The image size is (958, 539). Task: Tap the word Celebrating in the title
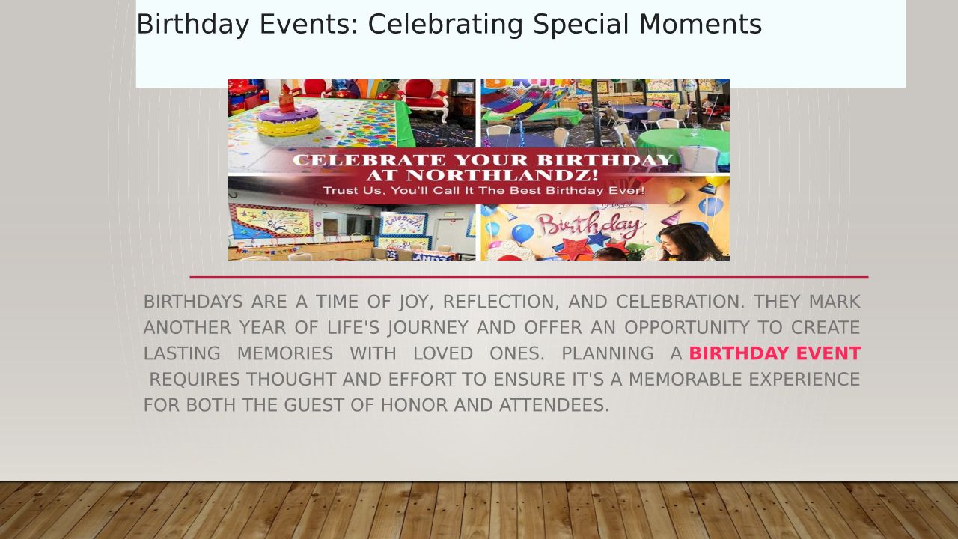pyautogui.click(x=445, y=25)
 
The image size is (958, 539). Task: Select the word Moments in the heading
pyautogui.click(x=701, y=24)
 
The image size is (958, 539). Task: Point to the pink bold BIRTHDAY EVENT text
pyautogui.click(x=775, y=353)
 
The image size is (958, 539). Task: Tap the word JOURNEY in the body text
pyautogui.click(x=428, y=328)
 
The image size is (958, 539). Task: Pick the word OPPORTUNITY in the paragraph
pyautogui.click(x=687, y=328)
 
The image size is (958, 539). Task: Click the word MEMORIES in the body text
pyautogui.click(x=285, y=354)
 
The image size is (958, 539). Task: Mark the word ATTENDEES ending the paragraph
pyautogui.click(x=554, y=405)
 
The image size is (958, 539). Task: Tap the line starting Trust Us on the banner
pyautogui.click(x=483, y=190)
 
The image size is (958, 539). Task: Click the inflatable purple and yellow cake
pyautogui.click(x=288, y=118)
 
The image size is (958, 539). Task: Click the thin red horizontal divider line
pyautogui.click(x=529, y=277)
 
